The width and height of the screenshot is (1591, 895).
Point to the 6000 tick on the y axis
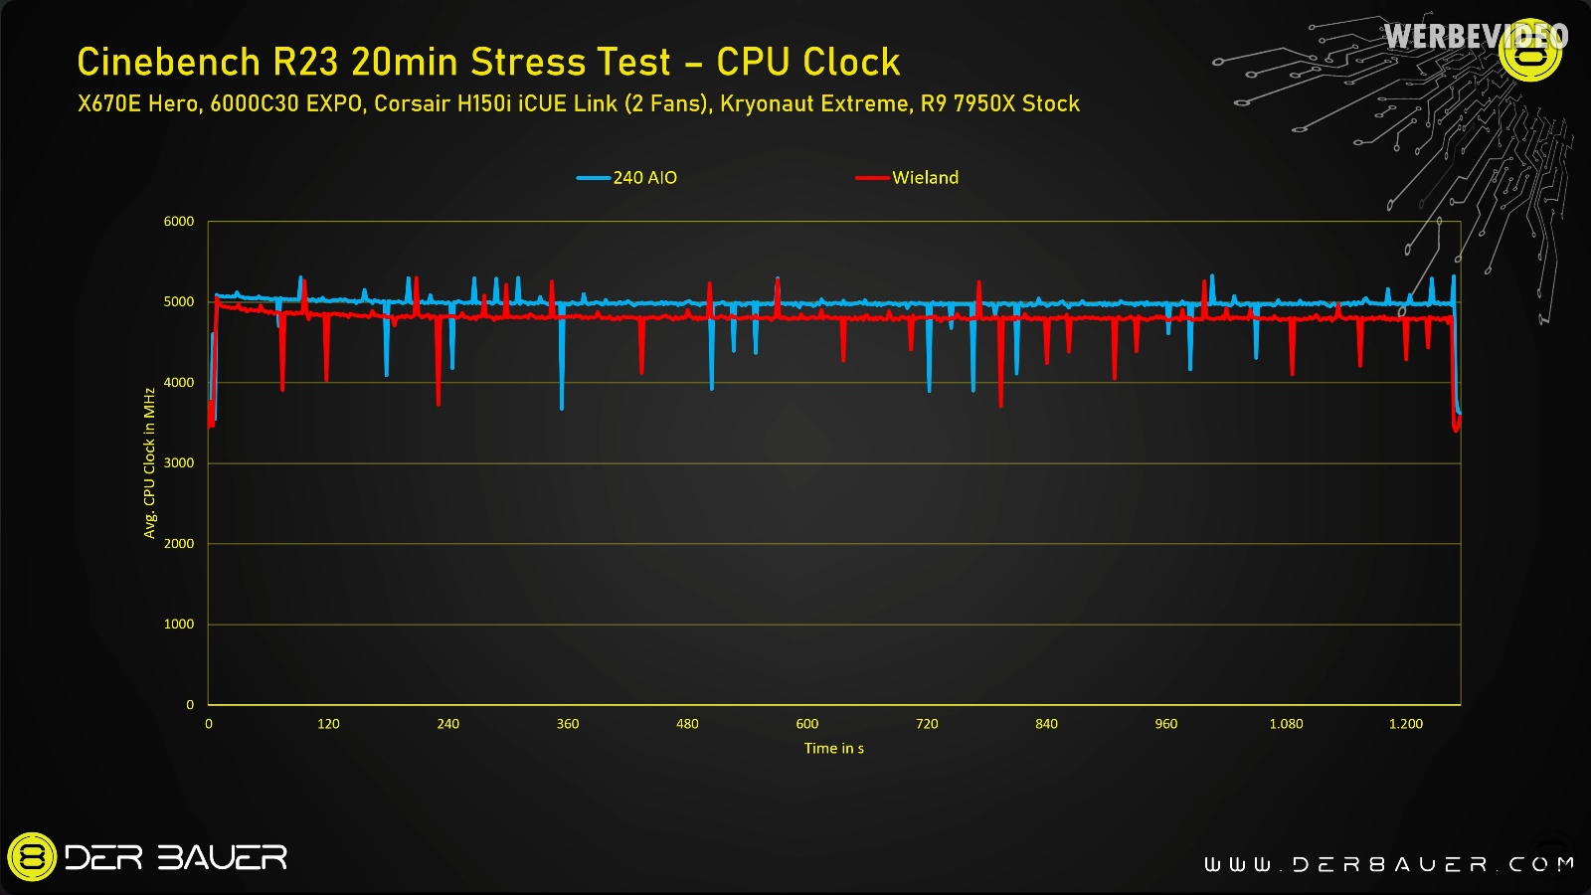click(x=179, y=222)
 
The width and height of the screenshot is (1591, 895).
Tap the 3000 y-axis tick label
click(x=179, y=463)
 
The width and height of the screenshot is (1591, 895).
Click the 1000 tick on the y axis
click(x=179, y=625)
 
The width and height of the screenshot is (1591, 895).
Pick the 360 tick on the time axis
click(x=568, y=724)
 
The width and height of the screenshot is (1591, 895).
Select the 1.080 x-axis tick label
click(x=1286, y=724)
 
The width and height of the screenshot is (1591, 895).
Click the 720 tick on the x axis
click(x=927, y=724)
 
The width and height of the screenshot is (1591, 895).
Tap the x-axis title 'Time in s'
click(x=833, y=749)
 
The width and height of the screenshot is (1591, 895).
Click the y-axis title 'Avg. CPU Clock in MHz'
click(x=150, y=463)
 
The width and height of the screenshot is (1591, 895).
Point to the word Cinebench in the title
click(x=168, y=63)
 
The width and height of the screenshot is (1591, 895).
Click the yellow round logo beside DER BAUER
click(x=32, y=857)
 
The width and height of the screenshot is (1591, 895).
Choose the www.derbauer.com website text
click(x=1389, y=864)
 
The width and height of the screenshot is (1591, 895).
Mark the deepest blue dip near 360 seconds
click(x=562, y=407)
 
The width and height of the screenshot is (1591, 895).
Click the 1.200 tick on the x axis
click(x=1405, y=724)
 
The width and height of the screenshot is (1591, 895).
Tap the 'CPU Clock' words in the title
click(x=807, y=63)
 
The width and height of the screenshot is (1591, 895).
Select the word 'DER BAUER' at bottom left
click(x=176, y=857)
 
